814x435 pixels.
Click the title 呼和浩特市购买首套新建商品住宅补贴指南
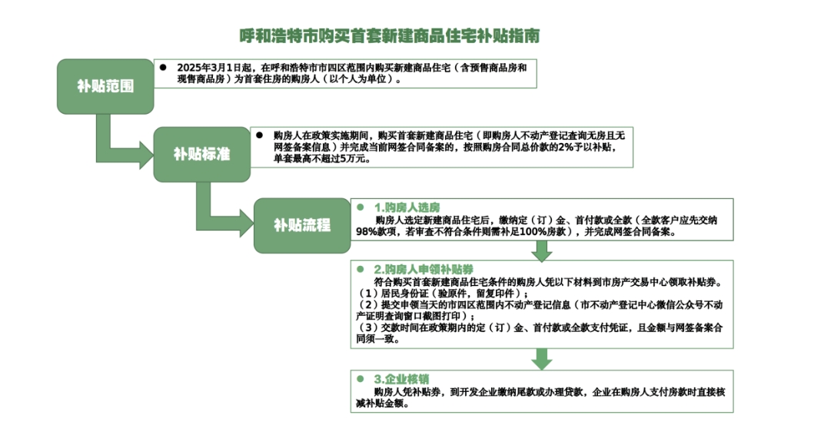tap(390, 35)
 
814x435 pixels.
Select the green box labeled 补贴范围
tap(105, 86)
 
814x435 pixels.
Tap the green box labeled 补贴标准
tap(202, 154)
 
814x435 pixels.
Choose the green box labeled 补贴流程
tap(302, 225)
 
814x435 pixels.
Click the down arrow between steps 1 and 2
tap(541, 251)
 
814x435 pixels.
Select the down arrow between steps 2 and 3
tap(541, 359)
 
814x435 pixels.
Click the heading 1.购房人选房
tap(407, 208)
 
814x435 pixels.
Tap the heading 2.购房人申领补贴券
tap(424, 270)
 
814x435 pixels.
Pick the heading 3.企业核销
tap(401, 379)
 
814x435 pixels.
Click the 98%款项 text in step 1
tap(376, 231)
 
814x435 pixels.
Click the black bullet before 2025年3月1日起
tap(163, 68)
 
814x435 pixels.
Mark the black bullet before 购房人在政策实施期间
tap(260, 135)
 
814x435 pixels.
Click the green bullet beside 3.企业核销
tap(360, 379)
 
